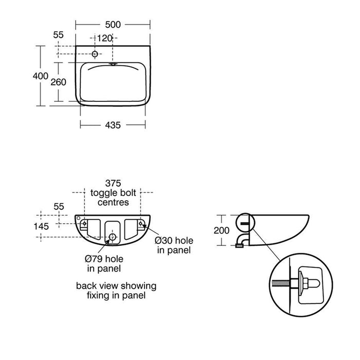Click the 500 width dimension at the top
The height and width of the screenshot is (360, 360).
click(x=113, y=25)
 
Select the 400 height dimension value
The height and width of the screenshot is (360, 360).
click(x=41, y=76)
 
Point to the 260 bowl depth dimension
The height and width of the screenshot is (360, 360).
click(x=58, y=82)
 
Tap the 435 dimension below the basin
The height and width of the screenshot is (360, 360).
click(x=113, y=125)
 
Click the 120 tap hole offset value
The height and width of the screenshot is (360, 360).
click(x=105, y=39)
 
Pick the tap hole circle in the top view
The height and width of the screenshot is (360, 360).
click(x=95, y=54)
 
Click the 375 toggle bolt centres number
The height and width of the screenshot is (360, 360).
click(x=113, y=183)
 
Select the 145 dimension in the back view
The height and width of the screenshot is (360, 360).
click(x=41, y=226)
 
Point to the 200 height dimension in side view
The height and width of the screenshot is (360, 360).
click(x=222, y=230)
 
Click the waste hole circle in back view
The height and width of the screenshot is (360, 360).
click(x=112, y=237)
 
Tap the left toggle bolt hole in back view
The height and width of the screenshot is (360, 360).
click(x=84, y=223)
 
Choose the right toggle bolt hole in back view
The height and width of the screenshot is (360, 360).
click(x=140, y=223)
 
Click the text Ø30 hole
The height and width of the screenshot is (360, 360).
click(x=174, y=241)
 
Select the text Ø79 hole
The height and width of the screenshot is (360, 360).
click(x=104, y=259)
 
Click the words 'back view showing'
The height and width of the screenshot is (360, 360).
click(x=116, y=286)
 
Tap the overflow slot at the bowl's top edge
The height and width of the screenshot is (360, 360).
click(x=113, y=64)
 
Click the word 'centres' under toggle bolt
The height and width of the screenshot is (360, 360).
click(x=113, y=202)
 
